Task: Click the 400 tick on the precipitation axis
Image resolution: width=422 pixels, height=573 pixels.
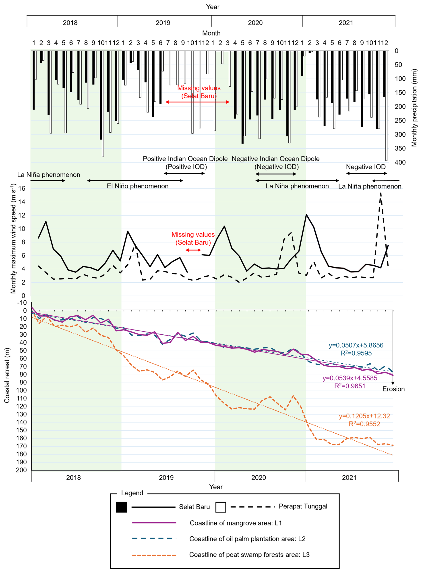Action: click(x=400, y=162)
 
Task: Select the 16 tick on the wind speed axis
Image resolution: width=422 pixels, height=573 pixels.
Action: click(x=22, y=189)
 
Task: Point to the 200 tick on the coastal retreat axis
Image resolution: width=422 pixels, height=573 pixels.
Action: click(x=21, y=470)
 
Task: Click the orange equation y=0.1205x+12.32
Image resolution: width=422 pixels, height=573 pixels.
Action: click(x=364, y=416)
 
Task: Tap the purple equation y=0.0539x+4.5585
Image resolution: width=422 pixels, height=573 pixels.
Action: click(x=350, y=378)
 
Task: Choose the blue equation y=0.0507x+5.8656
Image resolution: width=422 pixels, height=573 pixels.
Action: click(x=356, y=345)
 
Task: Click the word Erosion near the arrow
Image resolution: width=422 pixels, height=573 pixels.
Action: click(x=393, y=389)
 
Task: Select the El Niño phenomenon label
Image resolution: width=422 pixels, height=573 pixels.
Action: click(x=137, y=186)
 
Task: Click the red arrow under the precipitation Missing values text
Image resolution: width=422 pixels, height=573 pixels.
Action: click(x=197, y=102)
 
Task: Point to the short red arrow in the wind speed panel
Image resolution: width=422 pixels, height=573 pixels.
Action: click(x=193, y=250)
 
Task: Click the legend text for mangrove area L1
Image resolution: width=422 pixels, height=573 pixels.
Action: click(x=236, y=523)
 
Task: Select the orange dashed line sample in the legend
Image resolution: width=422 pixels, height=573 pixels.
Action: click(x=154, y=555)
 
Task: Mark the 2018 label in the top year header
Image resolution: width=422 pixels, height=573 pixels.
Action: click(x=70, y=23)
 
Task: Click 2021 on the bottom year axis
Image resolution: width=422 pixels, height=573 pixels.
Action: click(x=349, y=477)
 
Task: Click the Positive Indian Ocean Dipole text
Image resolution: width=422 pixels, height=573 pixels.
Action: click(x=185, y=159)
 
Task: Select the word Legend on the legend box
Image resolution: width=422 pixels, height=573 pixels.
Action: click(x=132, y=493)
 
